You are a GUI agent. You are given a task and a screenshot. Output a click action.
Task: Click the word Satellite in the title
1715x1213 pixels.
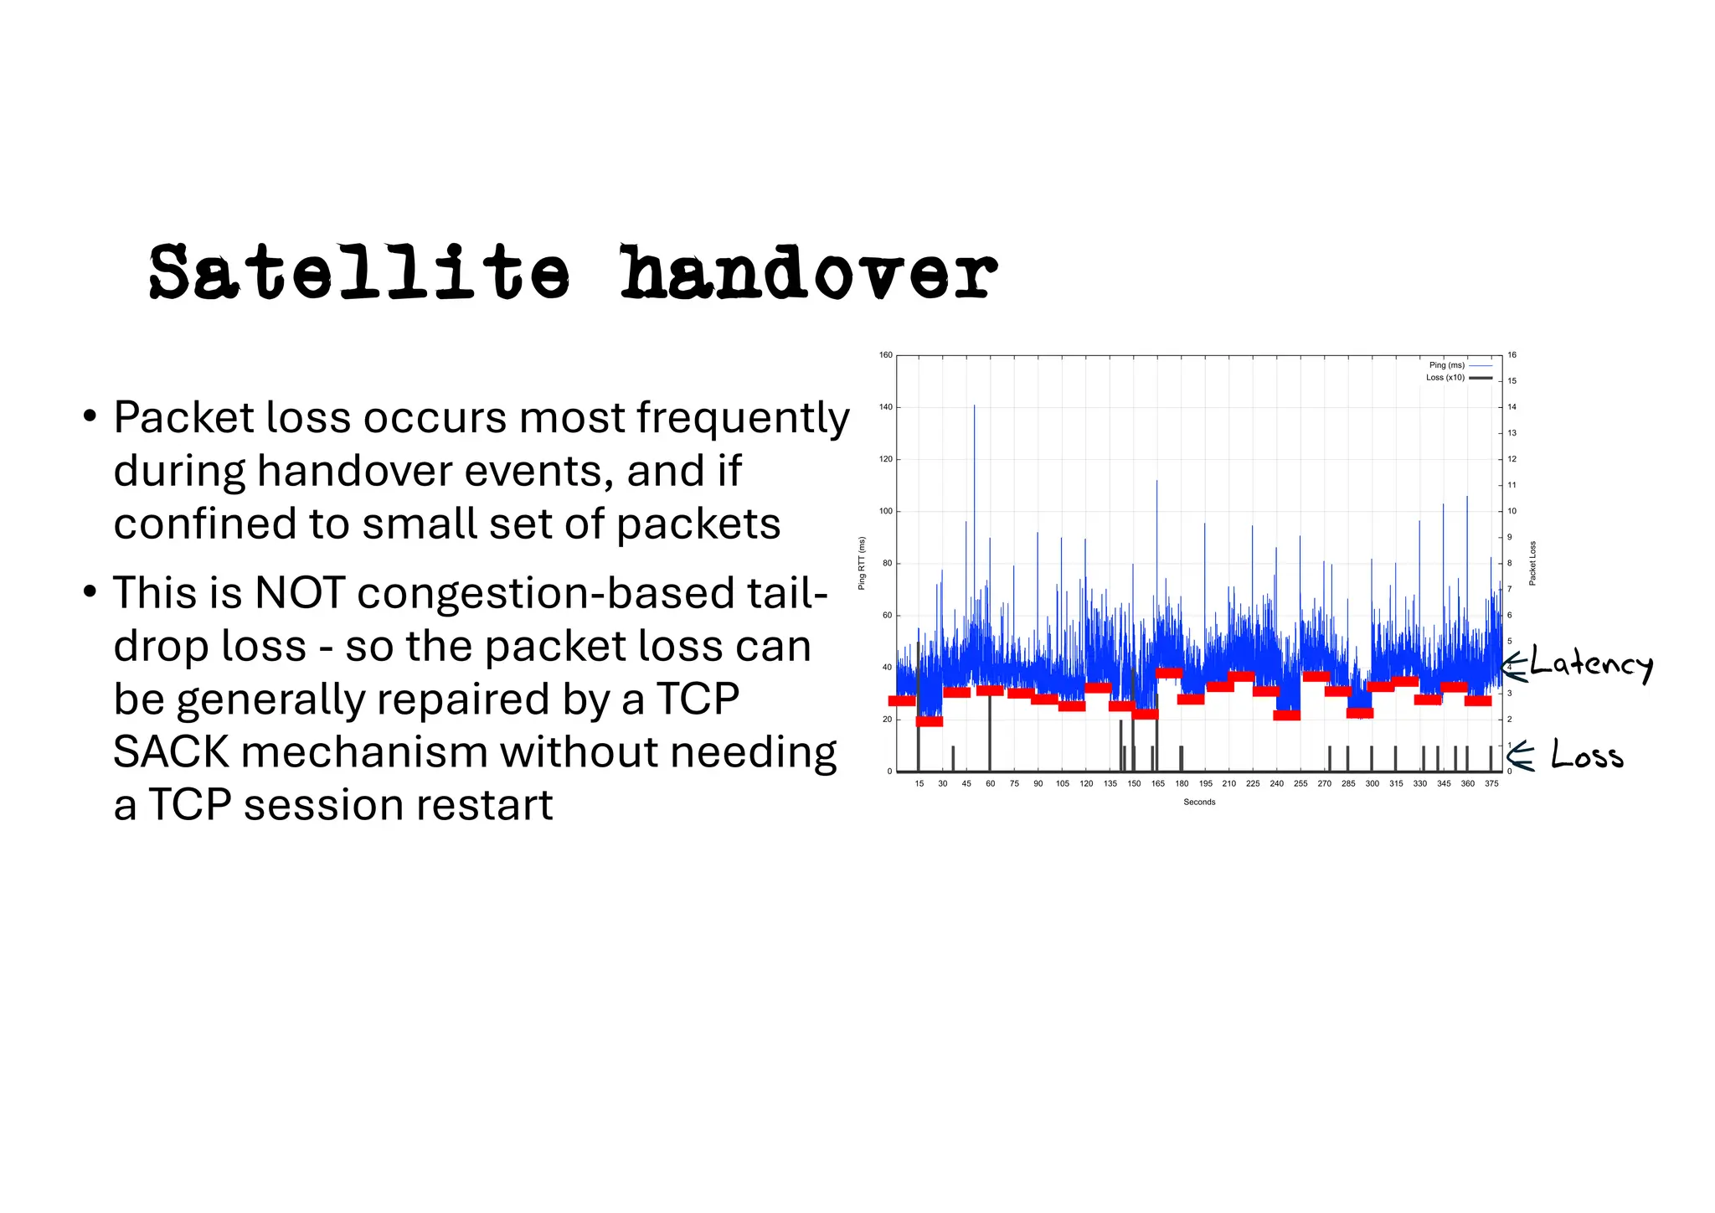[x=359, y=272]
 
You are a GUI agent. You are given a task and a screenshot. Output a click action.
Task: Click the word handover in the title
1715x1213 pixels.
[x=808, y=272]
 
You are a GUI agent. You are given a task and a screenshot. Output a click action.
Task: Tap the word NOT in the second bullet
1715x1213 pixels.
[x=300, y=593]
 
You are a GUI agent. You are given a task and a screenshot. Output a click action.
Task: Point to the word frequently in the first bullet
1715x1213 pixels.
[x=743, y=417]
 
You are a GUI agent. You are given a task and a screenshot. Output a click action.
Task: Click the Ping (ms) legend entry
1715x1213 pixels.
[x=1447, y=365]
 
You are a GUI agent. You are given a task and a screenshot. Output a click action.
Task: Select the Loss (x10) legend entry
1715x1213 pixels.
[x=1445, y=378]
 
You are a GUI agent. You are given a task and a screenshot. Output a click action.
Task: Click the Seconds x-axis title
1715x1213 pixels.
[x=1199, y=803]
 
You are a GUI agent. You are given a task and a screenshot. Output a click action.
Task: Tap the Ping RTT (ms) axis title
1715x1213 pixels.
[x=862, y=564]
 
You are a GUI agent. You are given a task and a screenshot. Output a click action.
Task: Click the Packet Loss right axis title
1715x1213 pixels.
[x=1532, y=563]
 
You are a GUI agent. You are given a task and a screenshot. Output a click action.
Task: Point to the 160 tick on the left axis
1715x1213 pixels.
[x=885, y=355]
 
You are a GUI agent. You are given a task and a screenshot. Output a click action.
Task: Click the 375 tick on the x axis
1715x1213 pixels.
[x=1491, y=784]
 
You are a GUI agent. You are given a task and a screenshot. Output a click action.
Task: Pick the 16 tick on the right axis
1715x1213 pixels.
[x=1512, y=355]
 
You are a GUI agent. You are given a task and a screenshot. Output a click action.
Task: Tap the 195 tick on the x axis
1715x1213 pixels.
[x=1205, y=784]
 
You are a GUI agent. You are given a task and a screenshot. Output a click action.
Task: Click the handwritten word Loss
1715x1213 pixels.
[x=1586, y=755]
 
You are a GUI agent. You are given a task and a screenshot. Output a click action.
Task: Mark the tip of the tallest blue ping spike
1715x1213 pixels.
[x=975, y=405]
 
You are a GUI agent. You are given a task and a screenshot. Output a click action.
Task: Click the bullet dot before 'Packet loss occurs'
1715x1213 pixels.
[x=90, y=416]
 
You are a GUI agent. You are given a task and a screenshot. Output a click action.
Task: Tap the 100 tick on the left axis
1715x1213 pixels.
[x=885, y=511]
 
